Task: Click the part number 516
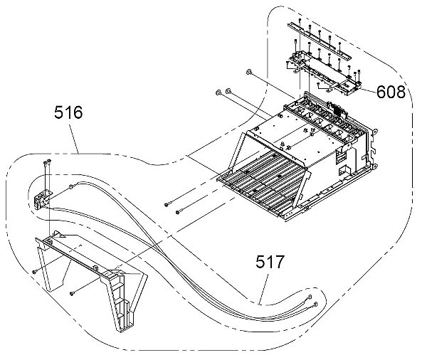(x=68, y=112)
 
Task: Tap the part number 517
(x=270, y=262)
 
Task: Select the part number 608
(x=391, y=92)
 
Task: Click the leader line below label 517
(x=263, y=289)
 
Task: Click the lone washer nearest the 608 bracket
(x=248, y=72)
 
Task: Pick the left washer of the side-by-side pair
(x=218, y=92)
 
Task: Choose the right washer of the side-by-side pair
(x=228, y=90)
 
